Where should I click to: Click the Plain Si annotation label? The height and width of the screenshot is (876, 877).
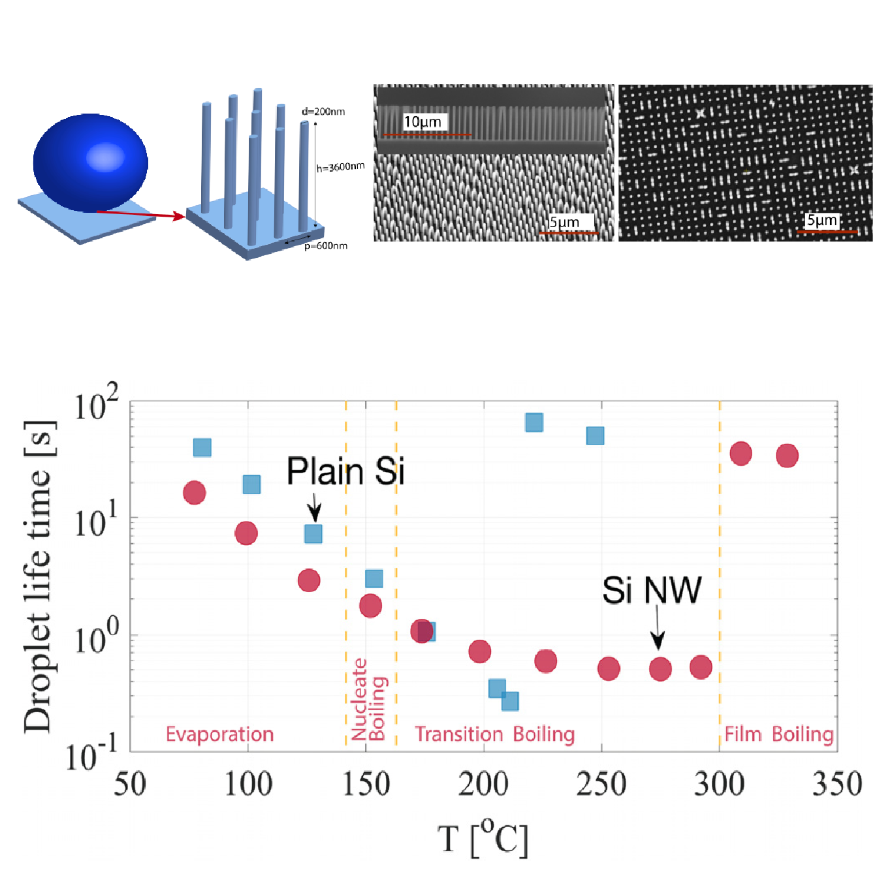tap(345, 471)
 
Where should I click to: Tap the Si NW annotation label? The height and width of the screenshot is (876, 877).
tap(651, 590)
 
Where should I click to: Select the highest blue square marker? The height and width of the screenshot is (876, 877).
tap(534, 422)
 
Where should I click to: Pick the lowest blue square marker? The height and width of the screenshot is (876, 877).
tap(510, 702)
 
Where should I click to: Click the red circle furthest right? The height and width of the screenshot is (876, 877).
tap(787, 456)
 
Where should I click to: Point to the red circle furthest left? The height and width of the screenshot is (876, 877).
tap(194, 493)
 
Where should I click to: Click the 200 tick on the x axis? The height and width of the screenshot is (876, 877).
tap(483, 784)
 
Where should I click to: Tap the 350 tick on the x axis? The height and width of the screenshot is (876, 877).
tap(837, 784)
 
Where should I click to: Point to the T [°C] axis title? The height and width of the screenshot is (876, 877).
tap(483, 839)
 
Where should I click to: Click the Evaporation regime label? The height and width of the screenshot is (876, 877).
tap(219, 734)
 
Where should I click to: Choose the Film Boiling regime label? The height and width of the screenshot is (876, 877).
tap(779, 734)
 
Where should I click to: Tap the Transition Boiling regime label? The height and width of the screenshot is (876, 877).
tap(494, 734)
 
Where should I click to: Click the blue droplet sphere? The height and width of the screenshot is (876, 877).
tap(90, 163)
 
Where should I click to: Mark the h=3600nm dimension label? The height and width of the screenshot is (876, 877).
tap(340, 167)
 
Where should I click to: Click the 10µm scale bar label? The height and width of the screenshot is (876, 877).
tap(422, 122)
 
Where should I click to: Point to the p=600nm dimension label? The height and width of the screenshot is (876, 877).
tap(326, 246)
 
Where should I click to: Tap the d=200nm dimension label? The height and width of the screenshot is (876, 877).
tap(323, 112)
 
